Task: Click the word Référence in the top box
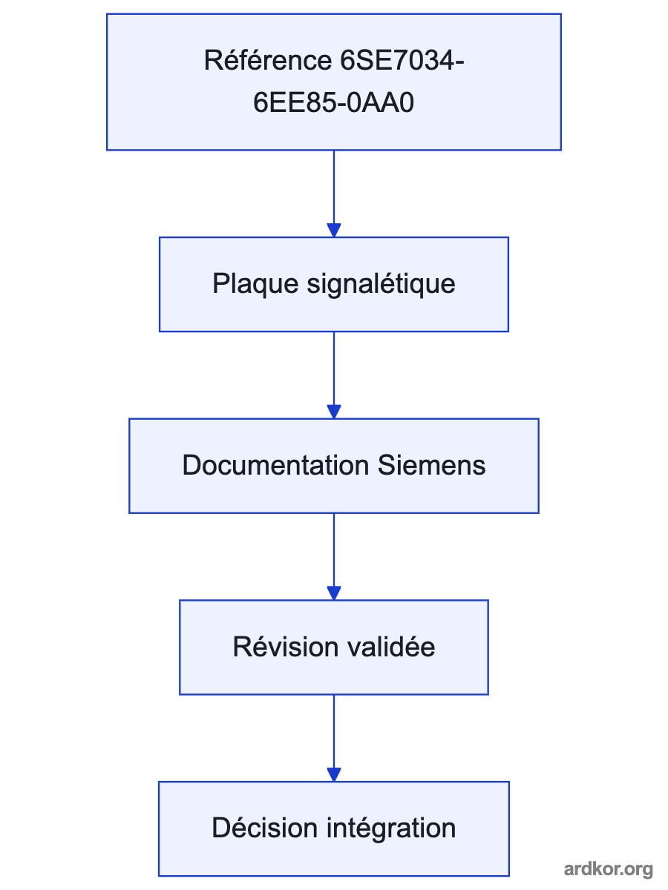click(x=268, y=60)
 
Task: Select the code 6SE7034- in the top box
click(x=402, y=60)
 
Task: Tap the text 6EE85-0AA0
click(x=333, y=102)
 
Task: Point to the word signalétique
click(x=381, y=284)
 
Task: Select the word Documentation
click(x=275, y=465)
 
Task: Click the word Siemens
click(x=431, y=465)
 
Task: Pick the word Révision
click(x=286, y=647)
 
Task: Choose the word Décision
click(x=264, y=828)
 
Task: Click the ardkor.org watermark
click(x=608, y=869)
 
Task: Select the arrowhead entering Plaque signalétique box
click(x=334, y=231)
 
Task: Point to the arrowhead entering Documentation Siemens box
click(x=334, y=412)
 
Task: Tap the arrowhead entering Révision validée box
click(x=334, y=593)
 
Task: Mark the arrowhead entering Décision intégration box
click(x=334, y=775)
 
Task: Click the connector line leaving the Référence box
click(x=334, y=187)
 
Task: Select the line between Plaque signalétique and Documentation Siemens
click(x=334, y=369)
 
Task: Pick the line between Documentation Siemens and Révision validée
click(x=334, y=550)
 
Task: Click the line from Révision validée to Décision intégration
click(x=334, y=731)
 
